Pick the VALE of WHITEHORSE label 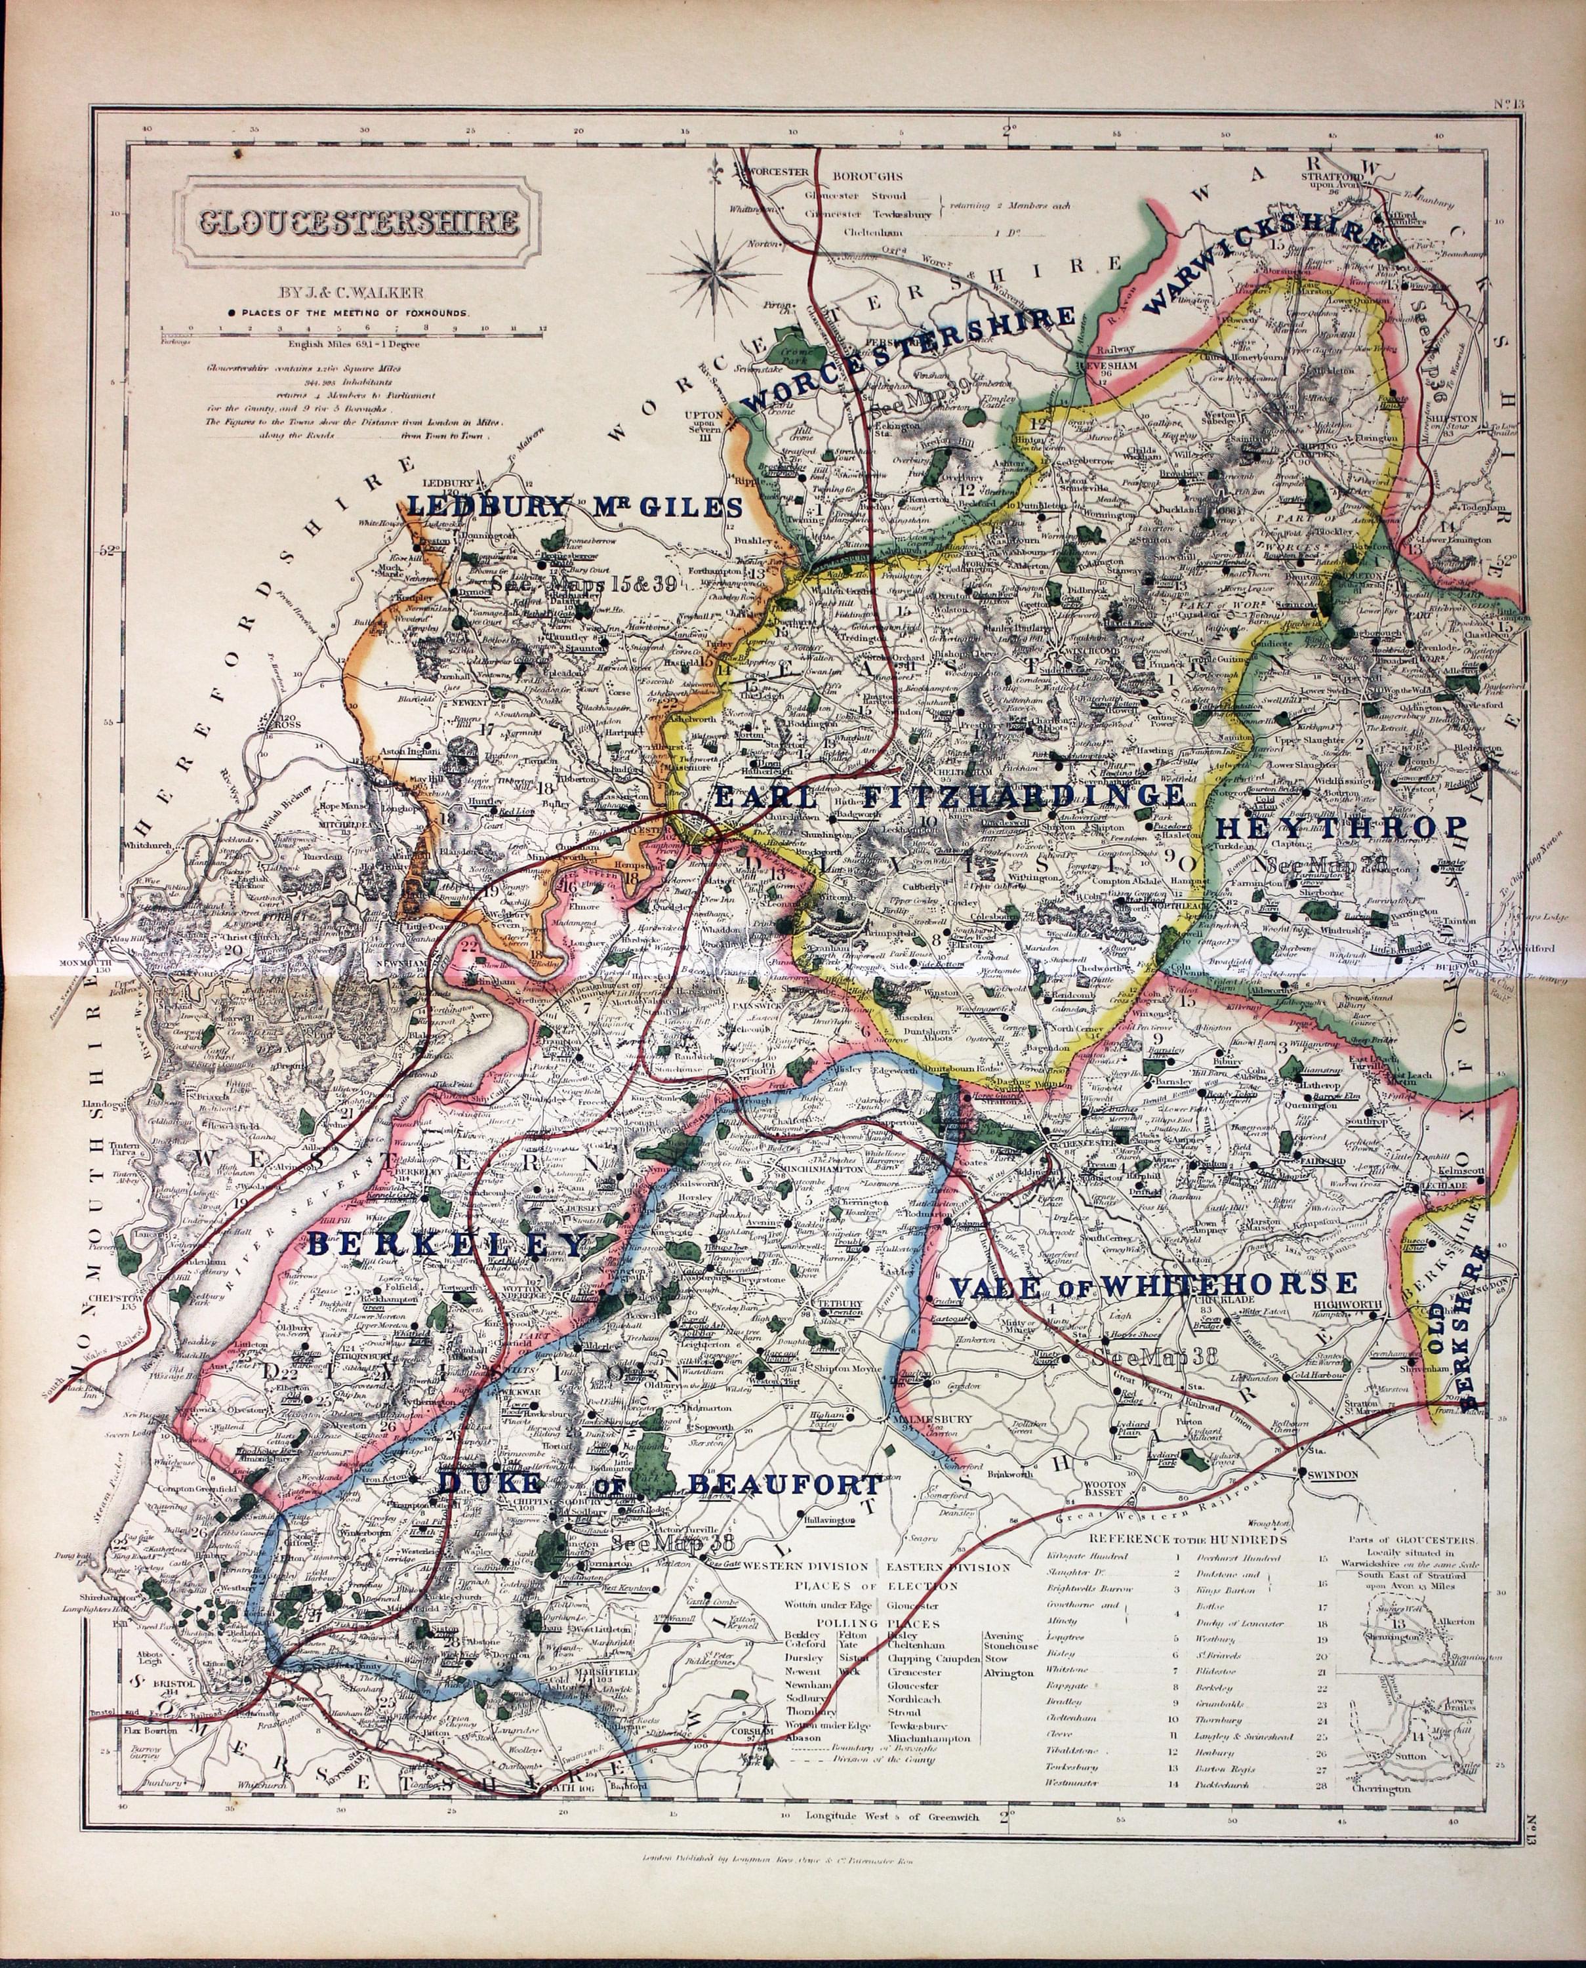click(x=1147, y=1286)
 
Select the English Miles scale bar click(x=352, y=326)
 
